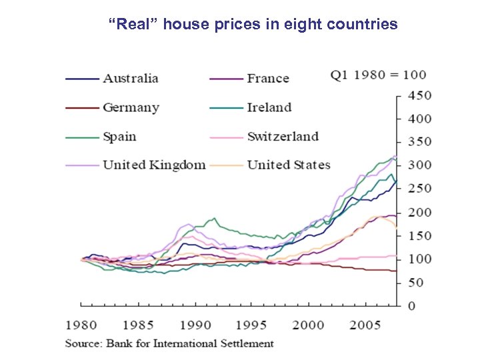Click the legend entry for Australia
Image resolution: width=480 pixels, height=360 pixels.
(x=130, y=78)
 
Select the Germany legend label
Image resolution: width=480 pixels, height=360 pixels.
(x=131, y=107)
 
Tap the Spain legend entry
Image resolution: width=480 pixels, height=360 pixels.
(x=119, y=137)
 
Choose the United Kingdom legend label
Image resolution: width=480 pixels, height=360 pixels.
(x=154, y=165)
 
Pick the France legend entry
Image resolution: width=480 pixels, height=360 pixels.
(x=268, y=78)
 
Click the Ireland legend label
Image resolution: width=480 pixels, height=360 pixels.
(x=269, y=107)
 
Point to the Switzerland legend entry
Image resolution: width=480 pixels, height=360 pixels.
(x=283, y=137)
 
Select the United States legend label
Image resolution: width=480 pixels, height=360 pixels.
(x=289, y=165)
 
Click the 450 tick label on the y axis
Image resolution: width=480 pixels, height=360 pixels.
(x=420, y=95)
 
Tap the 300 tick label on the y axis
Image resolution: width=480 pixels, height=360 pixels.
(x=420, y=165)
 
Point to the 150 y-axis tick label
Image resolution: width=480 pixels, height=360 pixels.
(x=420, y=235)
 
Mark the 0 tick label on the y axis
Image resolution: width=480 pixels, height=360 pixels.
(x=411, y=305)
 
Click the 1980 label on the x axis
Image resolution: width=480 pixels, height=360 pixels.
(x=81, y=325)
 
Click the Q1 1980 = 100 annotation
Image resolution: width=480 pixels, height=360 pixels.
(x=378, y=74)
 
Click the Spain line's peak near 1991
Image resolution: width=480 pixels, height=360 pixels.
(x=213, y=217)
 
